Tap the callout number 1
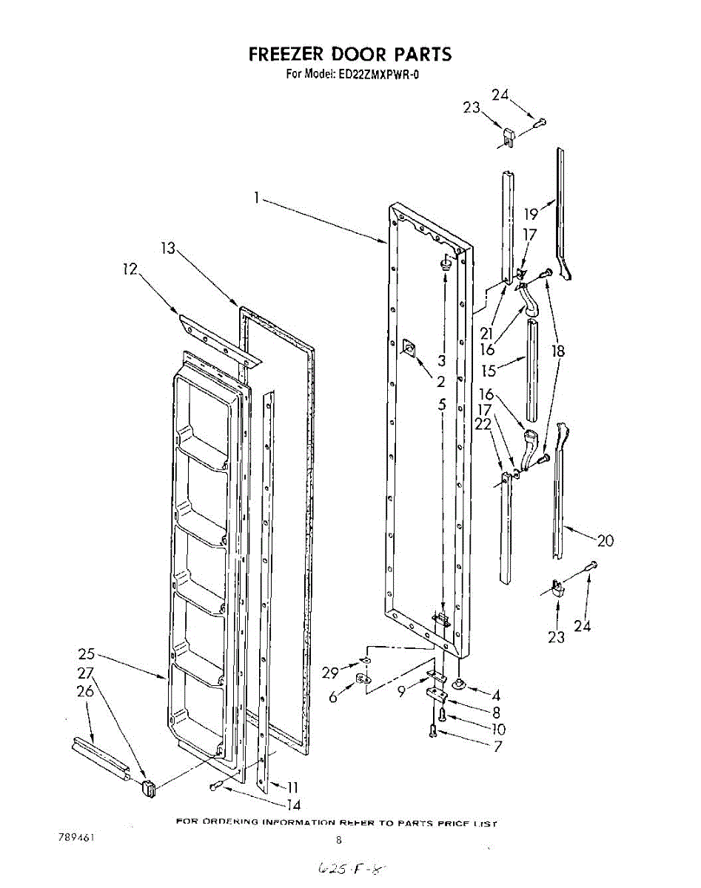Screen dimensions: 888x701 (255, 198)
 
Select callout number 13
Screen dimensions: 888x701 (168, 249)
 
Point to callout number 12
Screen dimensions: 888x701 (130, 270)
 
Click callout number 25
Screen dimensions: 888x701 (87, 654)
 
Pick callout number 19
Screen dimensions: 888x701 (531, 215)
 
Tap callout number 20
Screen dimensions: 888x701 (606, 541)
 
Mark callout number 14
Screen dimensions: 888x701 (292, 805)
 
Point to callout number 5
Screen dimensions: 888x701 (441, 405)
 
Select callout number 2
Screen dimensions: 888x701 (440, 382)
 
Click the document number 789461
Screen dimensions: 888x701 (76, 838)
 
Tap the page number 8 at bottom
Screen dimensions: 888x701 (339, 840)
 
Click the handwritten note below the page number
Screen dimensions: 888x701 (352, 867)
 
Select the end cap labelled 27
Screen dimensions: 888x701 (147, 789)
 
